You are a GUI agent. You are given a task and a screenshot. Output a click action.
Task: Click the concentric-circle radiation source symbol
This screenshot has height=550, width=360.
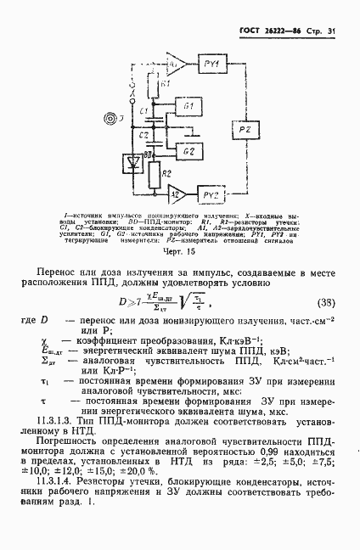point(109,117)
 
